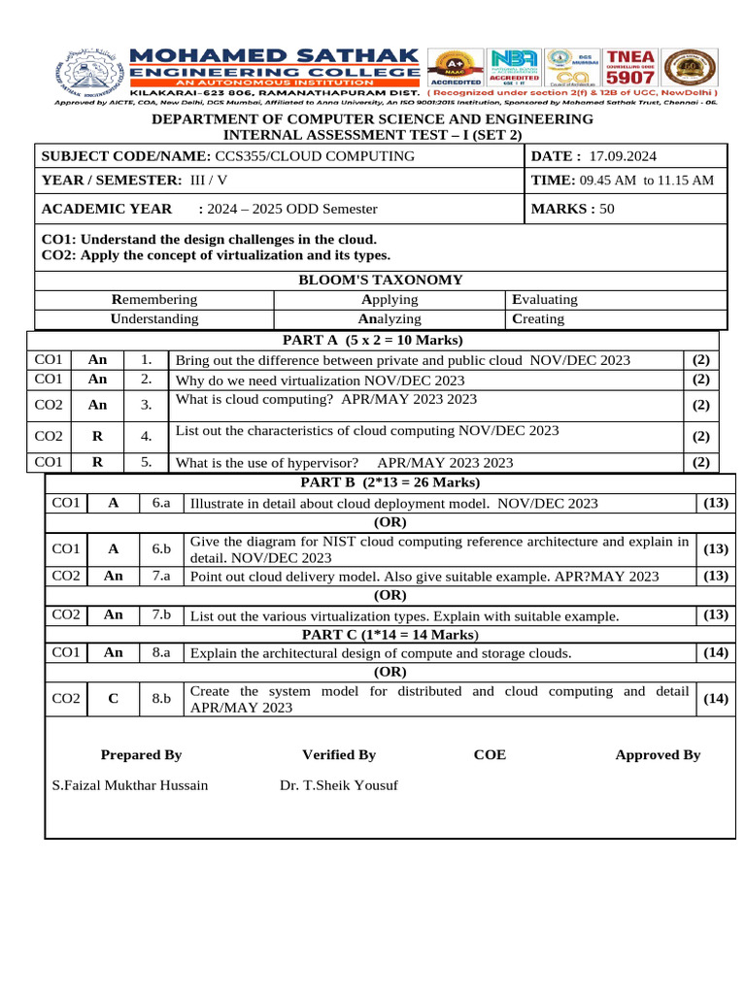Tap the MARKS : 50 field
click(x=572, y=209)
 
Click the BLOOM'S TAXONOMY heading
click(x=380, y=281)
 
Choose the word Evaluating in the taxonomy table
click(x=544, y=300)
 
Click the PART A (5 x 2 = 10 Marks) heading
click(x=372, y=340)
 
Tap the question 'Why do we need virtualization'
click(x=320, y=380)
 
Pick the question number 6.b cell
click(x=161, y=549)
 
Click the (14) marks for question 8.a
click(x=716, y=653)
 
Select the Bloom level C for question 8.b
click(x=113, y=699)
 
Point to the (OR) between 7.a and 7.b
click(x=390, y=595)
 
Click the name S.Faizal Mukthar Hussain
click(x=129, y=784)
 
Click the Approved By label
click(x=658, y=754)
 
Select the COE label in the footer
click(x=490, y=754)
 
